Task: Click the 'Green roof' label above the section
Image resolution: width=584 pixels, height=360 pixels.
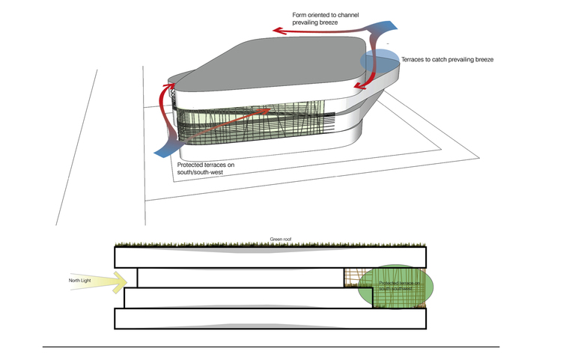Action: coord(280,240)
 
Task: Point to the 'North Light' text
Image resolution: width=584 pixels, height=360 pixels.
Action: coord(79,281)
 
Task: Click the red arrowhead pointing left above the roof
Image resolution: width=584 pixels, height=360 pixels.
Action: coord(278,31)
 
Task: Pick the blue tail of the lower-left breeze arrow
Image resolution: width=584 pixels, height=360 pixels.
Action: coord(166,150)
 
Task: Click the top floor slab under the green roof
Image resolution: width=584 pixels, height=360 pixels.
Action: coord(270,257)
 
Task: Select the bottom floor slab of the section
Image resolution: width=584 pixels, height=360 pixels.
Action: coord(270,319)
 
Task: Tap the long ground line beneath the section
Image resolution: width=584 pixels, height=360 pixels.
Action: coord(270,347)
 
